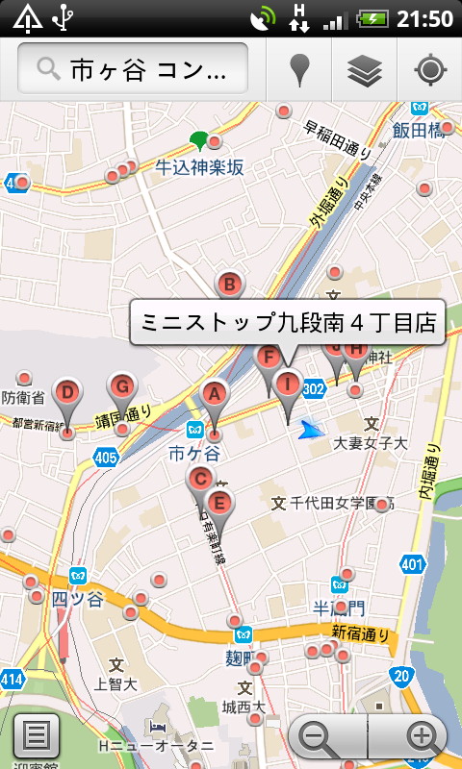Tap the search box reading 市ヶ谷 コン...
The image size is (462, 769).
pos(133,68)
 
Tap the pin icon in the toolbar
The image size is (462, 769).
pos(300,69)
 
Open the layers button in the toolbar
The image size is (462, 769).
pos(365,69)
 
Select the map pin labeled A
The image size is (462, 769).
pos(215,394)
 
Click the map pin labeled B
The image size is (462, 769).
pos(229,285)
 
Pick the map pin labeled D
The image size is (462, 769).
pos(66,393)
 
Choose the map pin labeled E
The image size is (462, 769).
pos(219,503)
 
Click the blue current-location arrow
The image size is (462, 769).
pos(310,430)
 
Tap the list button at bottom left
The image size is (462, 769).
pos(37,736)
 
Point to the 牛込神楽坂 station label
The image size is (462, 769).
pos(200,167)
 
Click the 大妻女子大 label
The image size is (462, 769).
pos(371,443)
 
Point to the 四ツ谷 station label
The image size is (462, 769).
pos(76,598)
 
